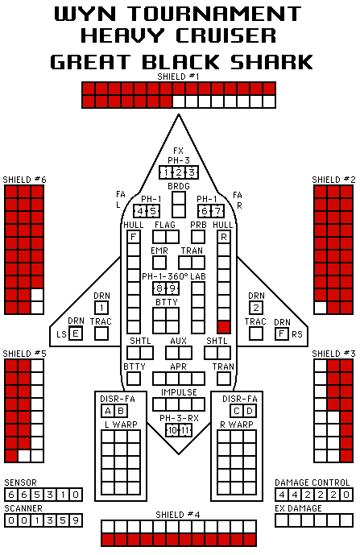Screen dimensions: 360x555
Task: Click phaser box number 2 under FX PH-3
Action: (x=179, y=172)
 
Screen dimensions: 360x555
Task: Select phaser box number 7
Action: (x=217, y=211)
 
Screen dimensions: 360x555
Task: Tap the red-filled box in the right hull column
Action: (x=224, y=327)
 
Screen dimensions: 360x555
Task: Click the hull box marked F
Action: (x=134, y=237)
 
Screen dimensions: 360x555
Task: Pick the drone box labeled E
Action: (x=76, y=333)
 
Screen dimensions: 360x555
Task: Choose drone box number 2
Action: (x=256, y=308)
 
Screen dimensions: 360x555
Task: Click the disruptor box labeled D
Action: (x=250, y=411)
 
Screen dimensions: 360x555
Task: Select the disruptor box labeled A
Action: (x=108, y=411)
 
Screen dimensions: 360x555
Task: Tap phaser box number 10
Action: (x=172, y=430)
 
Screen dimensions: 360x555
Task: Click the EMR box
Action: (x=159, y=263)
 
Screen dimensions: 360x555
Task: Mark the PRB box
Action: (x=198, y=237)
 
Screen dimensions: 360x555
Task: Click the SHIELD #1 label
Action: (x=179, y=77)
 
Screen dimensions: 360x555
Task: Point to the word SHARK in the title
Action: (x=271, y=62)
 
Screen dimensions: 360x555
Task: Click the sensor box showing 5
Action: (x=37, y=495)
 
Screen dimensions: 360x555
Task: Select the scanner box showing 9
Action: (x=76, y=520)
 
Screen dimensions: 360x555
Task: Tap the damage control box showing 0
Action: (x=346, y=495)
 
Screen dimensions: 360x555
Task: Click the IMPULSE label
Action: (x=179, y=392)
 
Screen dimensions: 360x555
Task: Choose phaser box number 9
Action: (x=172, y=288)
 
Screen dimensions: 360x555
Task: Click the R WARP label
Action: (x=237, y=424)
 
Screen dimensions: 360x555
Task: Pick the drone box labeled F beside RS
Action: (x=282, y=333)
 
